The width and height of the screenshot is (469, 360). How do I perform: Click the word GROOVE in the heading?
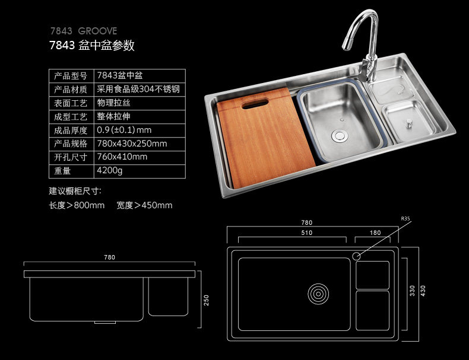click(x=98, y=31)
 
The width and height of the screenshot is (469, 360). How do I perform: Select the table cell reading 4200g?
click(x=109, y=171)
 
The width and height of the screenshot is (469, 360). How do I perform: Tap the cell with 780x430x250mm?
click(x=132, y=144)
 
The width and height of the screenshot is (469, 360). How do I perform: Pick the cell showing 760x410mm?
click(x=122, y=157)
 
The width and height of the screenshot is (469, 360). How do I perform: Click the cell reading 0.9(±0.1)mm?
click(x=124, y=130)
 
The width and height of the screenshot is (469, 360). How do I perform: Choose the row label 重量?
click(x=62, y=171)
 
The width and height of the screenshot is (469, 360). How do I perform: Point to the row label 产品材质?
click(x=71, y=90)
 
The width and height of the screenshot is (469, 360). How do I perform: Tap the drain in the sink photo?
click(x=340, y=135)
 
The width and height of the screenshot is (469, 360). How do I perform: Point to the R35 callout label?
click(x=405, y=219)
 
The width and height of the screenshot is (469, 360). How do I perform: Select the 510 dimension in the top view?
click(x=306, y=233)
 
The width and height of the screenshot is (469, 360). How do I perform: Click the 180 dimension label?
click(x=375, y=233)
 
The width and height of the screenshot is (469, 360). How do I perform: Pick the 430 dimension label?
click(x=423, y=291)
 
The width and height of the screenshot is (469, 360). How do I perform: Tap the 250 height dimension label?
click(x=206, y=301)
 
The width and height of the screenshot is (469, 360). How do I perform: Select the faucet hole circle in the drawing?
click(x=357, y=256)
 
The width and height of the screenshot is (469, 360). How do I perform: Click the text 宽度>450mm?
click(x=144, y=205)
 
